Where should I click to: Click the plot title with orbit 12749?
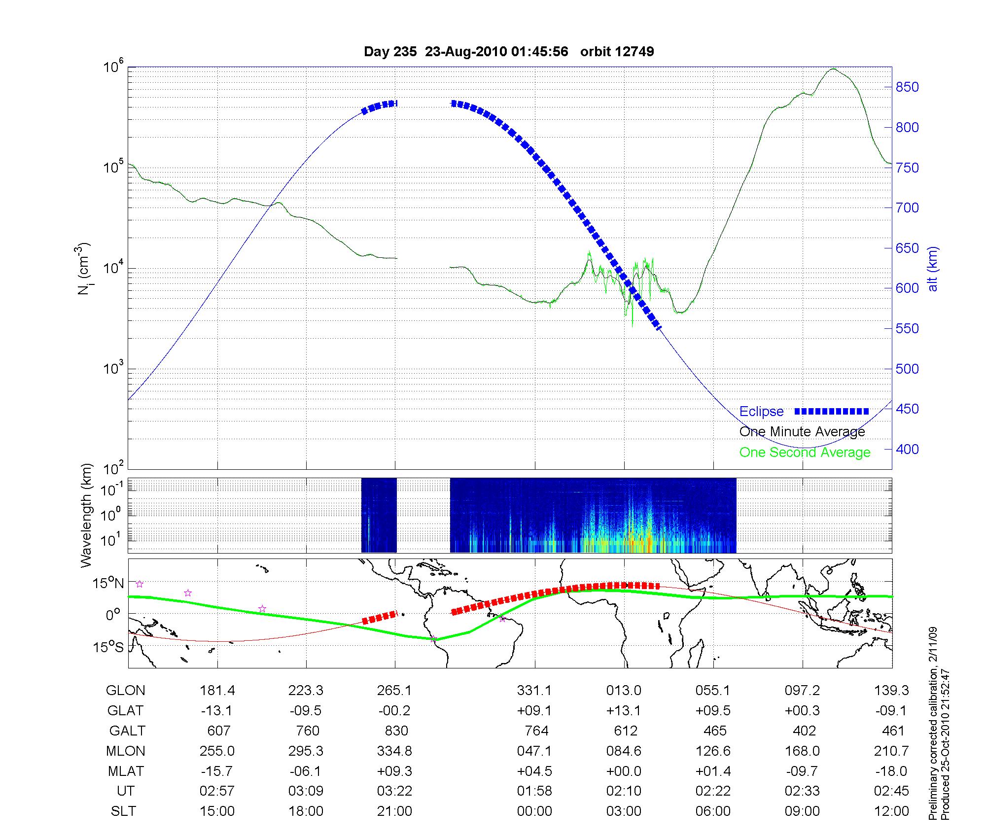509,52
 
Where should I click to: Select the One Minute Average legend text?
802,432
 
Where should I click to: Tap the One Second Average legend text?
805,453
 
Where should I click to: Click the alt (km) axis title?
933,269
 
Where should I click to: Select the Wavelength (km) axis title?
86,515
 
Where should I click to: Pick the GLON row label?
126,691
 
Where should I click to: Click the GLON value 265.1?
394,691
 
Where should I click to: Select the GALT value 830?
394,731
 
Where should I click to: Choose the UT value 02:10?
624,791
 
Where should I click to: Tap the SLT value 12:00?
891,811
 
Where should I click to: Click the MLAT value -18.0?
891,771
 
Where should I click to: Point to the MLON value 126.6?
713,751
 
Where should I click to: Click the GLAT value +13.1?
624,711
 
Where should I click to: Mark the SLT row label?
123,811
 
